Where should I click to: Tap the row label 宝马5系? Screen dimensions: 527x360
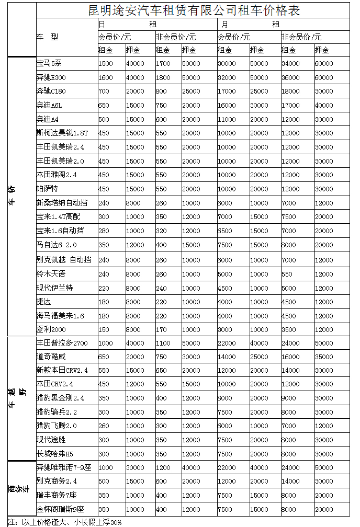pos(49,63)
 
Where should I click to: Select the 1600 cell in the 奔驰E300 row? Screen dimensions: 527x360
pos(106,77)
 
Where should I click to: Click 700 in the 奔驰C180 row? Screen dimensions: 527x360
pos(104,91)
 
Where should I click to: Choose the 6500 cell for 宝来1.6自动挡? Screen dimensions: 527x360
pos(224,231)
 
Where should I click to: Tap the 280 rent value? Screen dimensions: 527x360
pos(104,231)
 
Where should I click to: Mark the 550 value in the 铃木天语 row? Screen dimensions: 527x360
pos(287,273)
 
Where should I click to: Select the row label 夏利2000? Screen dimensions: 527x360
pos(51,329)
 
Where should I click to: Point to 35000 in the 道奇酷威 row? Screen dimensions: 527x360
pos(323,357)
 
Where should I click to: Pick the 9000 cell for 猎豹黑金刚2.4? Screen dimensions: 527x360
pos(288,398)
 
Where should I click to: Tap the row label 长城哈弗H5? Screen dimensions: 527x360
pos(54,453)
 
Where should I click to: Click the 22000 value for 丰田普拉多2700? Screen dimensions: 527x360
pos(227,342)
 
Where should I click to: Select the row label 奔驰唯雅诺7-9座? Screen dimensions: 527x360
pos(64,467)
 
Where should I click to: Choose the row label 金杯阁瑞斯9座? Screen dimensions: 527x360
pos(60,509)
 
